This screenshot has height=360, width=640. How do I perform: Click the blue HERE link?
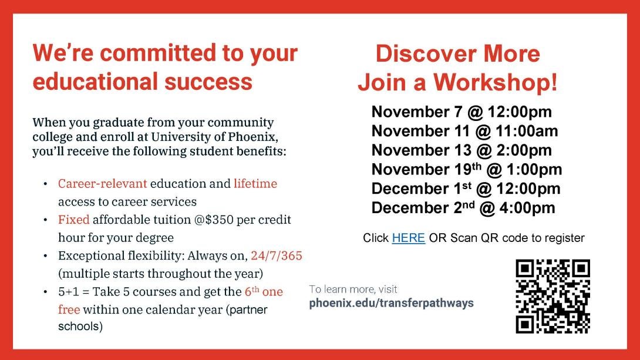[408, 237]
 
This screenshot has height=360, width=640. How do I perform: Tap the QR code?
[553, 296]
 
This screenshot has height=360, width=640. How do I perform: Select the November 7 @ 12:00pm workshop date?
[462, 112]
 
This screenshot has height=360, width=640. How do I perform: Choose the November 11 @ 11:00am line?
[464, 130]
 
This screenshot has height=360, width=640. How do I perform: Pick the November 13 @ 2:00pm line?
[462, 150]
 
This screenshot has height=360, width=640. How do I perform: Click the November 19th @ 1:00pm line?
[467, 169]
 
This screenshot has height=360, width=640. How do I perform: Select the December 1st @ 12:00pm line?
[466, 188]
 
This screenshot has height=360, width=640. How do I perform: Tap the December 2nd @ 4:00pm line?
[463, 207]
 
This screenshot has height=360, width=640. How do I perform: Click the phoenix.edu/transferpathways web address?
[391, 303]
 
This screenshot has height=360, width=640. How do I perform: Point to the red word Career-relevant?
[102, 184]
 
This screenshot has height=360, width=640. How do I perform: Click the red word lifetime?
[255, 184]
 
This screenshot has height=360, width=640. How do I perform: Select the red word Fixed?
[73, 220]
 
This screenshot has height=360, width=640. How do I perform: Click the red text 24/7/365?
[277, 255]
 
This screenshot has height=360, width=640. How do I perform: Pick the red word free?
[69, 309]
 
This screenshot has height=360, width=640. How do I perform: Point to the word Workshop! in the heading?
[495, 82]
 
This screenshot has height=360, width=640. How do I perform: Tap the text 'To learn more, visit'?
[353, 290]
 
